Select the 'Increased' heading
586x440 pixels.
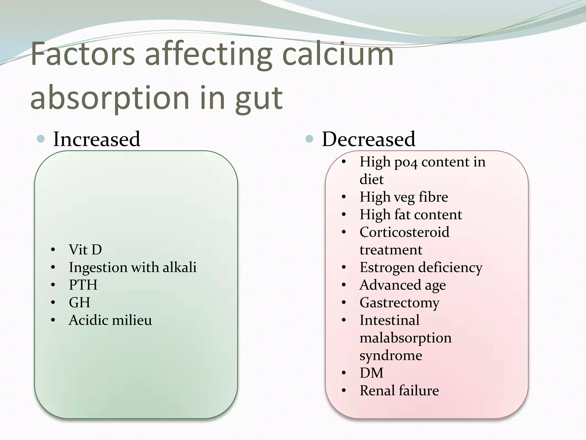[97, 139]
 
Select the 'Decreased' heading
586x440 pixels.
[369, 139]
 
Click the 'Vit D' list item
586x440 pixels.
[85, 250]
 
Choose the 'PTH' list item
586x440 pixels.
[83, 285]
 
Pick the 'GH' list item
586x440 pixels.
[80, 302]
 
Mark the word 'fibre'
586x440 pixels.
[433, 197]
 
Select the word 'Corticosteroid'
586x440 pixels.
[404, 232]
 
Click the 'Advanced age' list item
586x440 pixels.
[403, 285]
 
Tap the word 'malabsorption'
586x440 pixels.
[405, 338]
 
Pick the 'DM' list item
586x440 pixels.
[371, 373]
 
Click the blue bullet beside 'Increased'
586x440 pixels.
[41, 139]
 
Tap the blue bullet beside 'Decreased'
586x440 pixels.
[309, 139]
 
